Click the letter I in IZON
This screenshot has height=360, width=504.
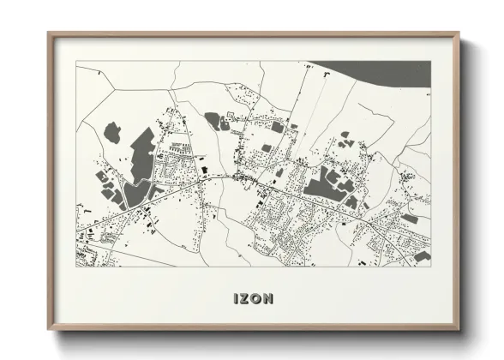pyautogui.click(x=236, y=298)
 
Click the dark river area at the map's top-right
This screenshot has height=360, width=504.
pyautogui.click(x=377, y=72)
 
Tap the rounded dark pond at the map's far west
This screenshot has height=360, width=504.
pyautogui.click(x=111, y=132)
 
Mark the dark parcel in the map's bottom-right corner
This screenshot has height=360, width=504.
pyautogui.click(x=422, y=255)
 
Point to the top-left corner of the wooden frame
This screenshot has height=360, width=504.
pyautogui.click(x=49, y=33)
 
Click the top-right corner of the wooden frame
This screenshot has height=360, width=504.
pyautogui.click(x=459, y=33)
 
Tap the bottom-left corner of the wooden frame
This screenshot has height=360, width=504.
pyautogui.click(x=49, y=331)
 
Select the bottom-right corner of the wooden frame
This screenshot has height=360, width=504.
pyautogui.click(x=459, y=331)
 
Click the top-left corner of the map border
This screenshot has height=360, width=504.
pyautogui.click(x=76, y=61)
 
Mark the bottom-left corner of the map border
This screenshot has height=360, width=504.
pyautogui.click(x=76, y=267)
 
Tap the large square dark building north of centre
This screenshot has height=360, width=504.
pyautogui.click(x=277, y=127)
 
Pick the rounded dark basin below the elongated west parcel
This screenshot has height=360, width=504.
pyautogui.click(x=134, y=194)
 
